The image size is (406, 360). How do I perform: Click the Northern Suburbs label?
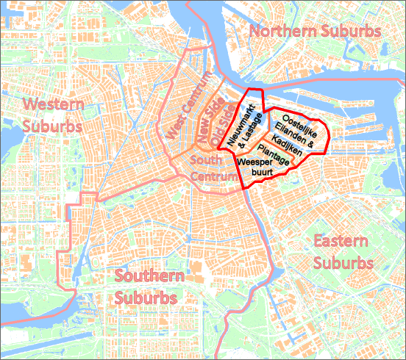(316, 32)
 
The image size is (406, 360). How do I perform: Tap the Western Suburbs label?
(49, 114)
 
